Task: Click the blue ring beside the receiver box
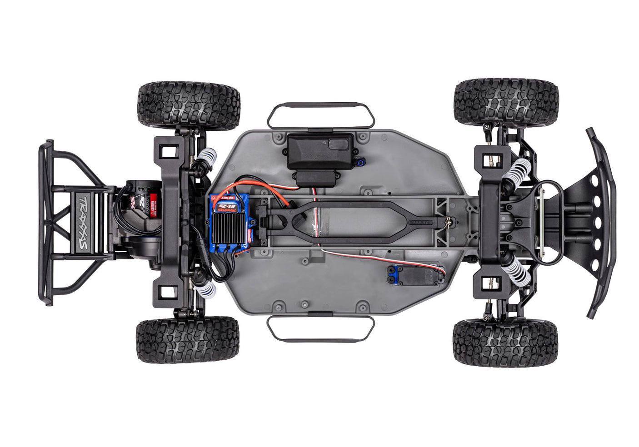click(360, 159)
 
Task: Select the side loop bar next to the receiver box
click(321, 115)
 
